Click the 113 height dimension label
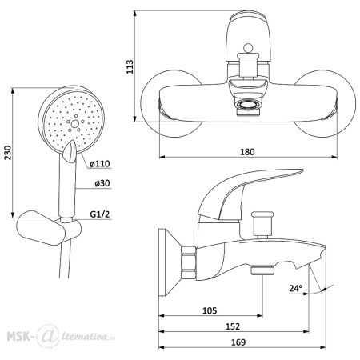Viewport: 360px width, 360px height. (130, 66)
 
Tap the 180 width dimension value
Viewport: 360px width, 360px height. (247, 152)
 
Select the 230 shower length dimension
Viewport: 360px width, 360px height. (8, 153)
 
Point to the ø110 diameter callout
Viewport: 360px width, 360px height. (100, 164)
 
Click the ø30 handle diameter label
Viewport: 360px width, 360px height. (102, 183)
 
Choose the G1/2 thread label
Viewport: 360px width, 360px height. (100, 214)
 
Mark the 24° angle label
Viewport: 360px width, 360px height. (296, 288)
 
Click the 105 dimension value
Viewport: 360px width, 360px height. (210, 310)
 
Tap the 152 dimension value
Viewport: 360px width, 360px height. (233, 326)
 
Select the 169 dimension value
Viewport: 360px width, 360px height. (238, 342)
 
